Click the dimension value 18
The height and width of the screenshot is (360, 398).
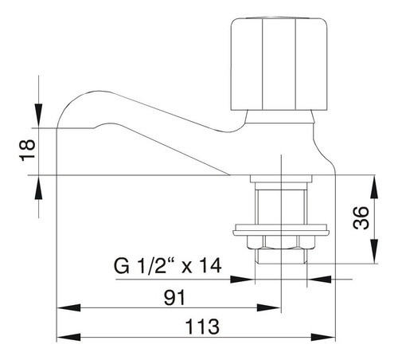tap(28, 150)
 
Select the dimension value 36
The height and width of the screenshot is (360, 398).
tap(361, 217)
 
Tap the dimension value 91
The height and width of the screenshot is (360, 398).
tap(174, 297)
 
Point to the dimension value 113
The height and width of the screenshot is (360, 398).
tap(202, 327)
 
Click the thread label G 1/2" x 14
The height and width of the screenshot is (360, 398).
tap(167, 266)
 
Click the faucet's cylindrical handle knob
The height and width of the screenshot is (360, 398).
tap(279, 64)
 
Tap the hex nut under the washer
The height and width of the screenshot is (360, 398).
tap(281, 242)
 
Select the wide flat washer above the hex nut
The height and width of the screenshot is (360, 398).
tap(281, 230)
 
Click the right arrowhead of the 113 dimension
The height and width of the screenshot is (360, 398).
tap(323, 338)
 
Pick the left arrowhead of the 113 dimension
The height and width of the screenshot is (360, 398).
tap(69, 338)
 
